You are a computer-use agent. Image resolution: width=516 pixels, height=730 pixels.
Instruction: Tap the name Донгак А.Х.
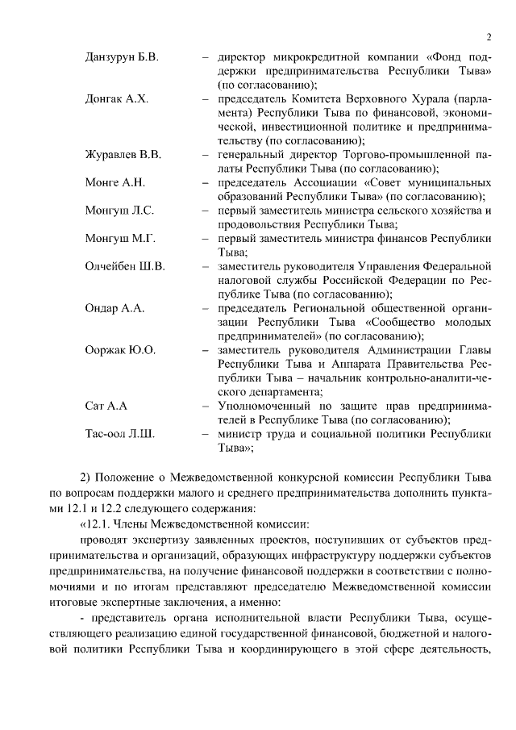coord(116,100)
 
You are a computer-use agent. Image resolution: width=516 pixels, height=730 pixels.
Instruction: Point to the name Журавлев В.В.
coord(123,155)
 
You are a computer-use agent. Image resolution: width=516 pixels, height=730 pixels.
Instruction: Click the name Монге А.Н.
coord(114,183)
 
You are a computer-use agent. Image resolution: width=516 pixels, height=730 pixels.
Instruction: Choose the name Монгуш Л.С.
coord(119,211)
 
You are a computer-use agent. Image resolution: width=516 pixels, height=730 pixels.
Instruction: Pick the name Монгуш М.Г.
coord(119,239)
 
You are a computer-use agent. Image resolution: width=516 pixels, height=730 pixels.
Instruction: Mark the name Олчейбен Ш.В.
coord(124,267)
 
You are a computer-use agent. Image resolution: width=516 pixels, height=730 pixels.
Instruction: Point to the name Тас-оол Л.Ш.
coord(119,434)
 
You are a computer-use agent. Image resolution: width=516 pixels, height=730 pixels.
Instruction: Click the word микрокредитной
coord(310,58)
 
